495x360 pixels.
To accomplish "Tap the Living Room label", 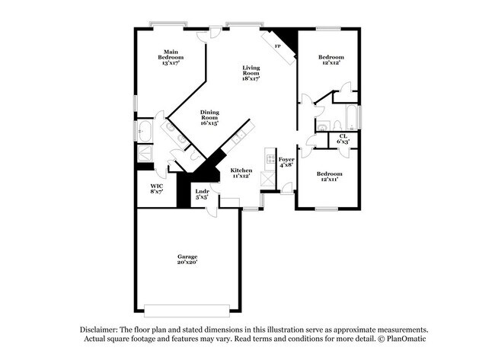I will [251, 73].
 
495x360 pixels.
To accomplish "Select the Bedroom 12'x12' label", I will [331, 59].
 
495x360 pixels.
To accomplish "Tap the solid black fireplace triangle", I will [285, 37].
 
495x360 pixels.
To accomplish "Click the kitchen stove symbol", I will [268, 158].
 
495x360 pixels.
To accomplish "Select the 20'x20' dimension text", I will [187, 263].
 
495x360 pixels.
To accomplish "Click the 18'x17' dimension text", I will [251, 78].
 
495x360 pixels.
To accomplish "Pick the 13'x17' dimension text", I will [171, 63].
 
